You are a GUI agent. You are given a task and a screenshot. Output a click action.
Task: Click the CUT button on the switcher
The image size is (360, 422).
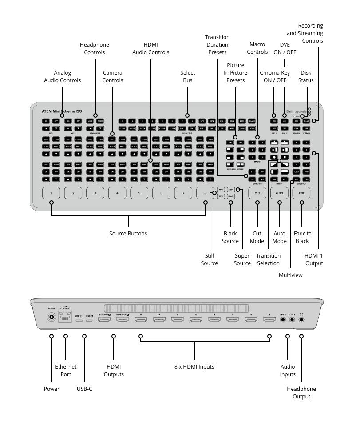coord(257,193)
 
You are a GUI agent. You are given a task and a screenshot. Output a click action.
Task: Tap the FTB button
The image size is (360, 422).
coord(301,193)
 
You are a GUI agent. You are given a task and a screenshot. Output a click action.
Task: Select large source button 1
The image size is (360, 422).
coord(51,193)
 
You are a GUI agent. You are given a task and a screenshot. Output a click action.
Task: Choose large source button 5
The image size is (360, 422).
coord(139,193)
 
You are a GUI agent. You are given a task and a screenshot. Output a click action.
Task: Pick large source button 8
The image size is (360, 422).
coord(205,193)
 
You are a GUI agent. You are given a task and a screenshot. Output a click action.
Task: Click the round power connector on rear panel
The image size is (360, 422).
coord(52,318)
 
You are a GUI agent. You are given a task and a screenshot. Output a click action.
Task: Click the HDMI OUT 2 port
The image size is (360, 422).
coord(104,319)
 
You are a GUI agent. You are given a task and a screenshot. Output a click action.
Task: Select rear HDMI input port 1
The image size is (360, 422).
coord(269,319)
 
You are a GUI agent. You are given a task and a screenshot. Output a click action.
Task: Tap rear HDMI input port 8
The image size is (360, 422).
coord(141,319)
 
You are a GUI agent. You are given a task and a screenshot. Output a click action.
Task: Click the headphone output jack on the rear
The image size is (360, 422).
coord(301,319)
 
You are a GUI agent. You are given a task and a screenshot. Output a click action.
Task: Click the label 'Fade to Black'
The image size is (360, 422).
coord(302,237)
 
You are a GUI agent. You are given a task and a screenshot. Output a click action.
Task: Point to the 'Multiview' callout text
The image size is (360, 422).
coord(290,275)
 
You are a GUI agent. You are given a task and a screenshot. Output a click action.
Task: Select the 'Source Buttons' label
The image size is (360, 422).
coord(128,234)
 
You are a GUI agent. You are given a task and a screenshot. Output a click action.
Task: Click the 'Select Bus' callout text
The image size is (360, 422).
coord(187,76)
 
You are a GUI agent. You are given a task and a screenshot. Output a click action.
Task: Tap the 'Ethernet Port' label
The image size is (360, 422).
coord(66,370)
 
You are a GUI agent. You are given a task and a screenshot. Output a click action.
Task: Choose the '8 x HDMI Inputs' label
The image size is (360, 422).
coord(194,367)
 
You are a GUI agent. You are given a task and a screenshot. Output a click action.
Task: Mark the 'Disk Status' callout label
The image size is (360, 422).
coord(306,76)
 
